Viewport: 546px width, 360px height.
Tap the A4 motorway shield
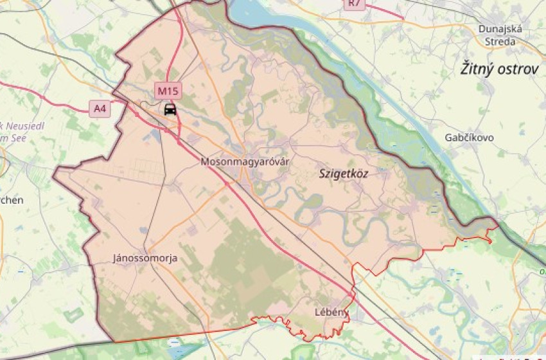[100, 109]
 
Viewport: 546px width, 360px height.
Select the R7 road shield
[355, 4]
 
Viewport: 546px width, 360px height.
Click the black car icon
[170, 109]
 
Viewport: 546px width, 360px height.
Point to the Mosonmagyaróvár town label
[245, 161]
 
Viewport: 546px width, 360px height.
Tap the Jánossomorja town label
[145, 258]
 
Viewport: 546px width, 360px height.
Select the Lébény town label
[331, 312]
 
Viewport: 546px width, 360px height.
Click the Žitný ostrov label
[499, 69]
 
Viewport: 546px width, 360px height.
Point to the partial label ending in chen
[12, 200]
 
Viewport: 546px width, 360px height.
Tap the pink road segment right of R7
[385, 11]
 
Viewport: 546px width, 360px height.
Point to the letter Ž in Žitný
[465, 69]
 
